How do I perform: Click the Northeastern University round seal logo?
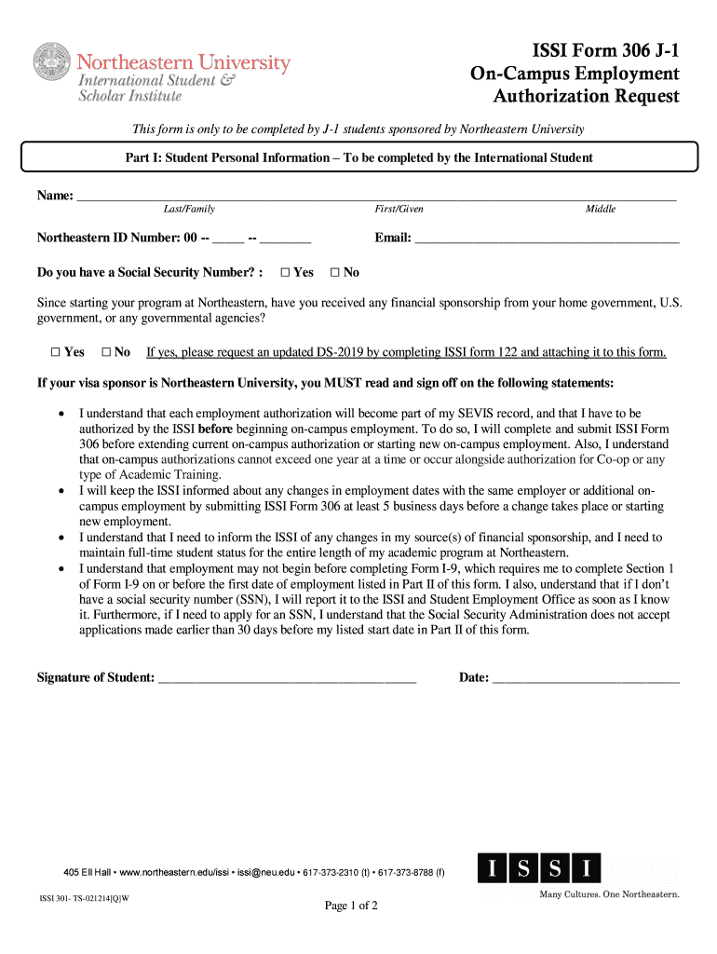[x=52, y=62]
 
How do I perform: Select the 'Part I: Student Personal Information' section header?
[x=358, y=157]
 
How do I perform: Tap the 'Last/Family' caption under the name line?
[x=189, y=210]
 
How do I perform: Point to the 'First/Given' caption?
[x=399, y=210]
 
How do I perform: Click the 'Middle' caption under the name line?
[x=600, y=210]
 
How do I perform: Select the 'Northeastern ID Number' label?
[x=108, y=238]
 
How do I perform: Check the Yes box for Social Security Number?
[x=286, y=273]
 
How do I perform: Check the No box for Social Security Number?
[x=335, y=273]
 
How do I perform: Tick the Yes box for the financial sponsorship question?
[x=56, y=352]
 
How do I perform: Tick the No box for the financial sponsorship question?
[x=106, y=352]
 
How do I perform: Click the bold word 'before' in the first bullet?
[x=215, y=429]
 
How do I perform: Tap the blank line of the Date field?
[x=586, y=679]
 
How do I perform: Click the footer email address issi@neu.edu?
[x=264, y=873]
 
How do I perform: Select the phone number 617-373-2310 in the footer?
[x=333, y=873]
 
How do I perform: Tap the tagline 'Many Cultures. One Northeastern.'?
[x=610, y=895]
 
